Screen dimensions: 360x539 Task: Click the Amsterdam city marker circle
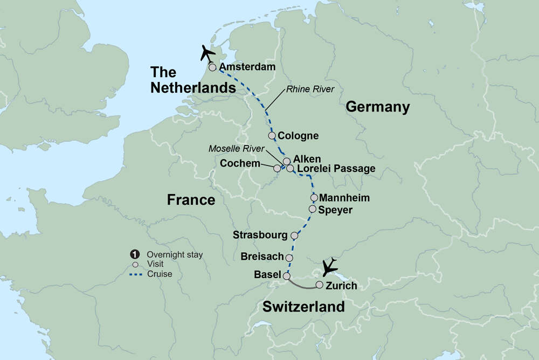(212, 68)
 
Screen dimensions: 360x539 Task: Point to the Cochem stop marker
(277, 168)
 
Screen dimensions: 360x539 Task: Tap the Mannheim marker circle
(314, 198)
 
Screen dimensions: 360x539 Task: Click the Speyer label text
(336, 210)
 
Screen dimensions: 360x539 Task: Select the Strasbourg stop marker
(294, 236)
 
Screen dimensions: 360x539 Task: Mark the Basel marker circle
(286, 275)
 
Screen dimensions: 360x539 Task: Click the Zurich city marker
(320, 285)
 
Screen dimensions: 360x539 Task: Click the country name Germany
(378, 107)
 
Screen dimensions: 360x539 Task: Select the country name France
(191, 200)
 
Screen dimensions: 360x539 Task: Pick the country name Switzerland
(303, 307)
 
